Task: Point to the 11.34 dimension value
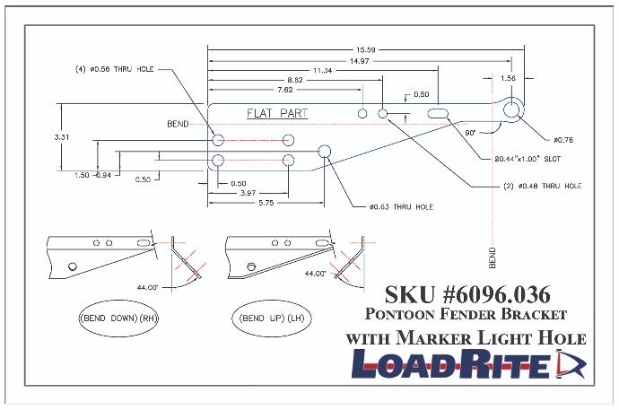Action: coord(323,70)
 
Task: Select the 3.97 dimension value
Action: coord(248,193)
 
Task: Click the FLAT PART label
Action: coord(277,114)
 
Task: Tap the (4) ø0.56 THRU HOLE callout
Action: coord(120,68)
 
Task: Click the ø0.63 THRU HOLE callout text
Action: coord(400,207)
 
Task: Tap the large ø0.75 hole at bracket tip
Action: coord(512,109)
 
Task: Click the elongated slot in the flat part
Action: coord(439,114)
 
